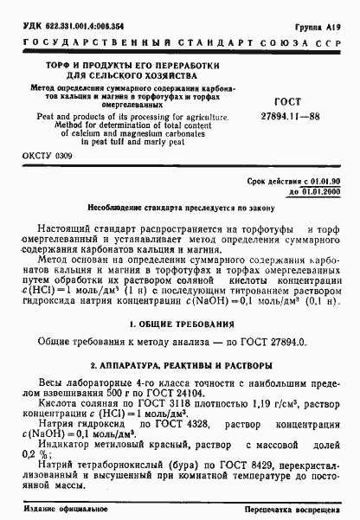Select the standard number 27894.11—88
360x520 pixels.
coord(289,114)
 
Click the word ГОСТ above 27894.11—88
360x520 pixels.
coord(289,100)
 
